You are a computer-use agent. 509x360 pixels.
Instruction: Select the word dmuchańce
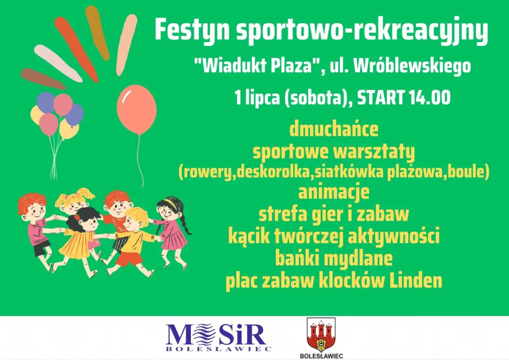[x=334, y=129]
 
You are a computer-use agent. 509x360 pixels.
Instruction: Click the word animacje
[x=334, y=192]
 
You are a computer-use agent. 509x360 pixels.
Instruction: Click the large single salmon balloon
[x=137, y=110]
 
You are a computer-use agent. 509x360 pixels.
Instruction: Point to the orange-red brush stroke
[x=76, y=49]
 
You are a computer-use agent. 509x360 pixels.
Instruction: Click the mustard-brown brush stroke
[x=97, y=33]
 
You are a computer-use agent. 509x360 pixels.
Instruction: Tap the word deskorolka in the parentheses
[x=273, y=172]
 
